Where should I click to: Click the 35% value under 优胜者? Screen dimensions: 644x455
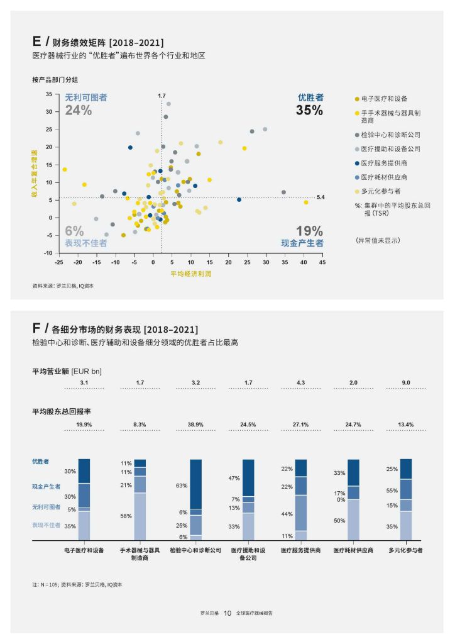click(309, 110)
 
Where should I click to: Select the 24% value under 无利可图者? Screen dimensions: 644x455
click(79, 110)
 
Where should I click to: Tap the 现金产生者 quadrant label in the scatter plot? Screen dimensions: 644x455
click(302, 243)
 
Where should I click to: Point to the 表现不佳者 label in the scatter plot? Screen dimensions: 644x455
click(82, 243)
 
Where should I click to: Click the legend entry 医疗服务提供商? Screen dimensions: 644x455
click(383, 163)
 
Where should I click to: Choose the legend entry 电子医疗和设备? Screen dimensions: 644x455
click(384, 99)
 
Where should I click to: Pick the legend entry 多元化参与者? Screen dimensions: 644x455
click(381, 191)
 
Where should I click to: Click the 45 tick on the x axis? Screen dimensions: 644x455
click(322, 262)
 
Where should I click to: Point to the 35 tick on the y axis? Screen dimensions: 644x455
click(49, 94)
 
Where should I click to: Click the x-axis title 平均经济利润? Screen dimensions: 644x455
click(190, 274)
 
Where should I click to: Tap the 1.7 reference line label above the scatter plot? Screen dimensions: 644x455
click(162, 96)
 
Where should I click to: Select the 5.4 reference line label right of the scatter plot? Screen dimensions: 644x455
click(321, 197)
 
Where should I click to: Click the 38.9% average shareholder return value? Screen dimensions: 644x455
click(195, 425)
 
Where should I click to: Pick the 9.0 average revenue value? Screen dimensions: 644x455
click(406, 382)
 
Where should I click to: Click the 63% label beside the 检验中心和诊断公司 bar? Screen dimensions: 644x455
click(182, 486)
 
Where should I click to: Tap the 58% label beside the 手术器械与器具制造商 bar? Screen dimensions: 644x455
click(126, 516)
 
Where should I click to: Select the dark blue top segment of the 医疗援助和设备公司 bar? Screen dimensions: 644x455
click(249, 477)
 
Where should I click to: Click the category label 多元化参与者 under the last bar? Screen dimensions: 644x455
click(405, 550)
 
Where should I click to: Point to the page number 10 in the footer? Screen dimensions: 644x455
click(227, 613)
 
